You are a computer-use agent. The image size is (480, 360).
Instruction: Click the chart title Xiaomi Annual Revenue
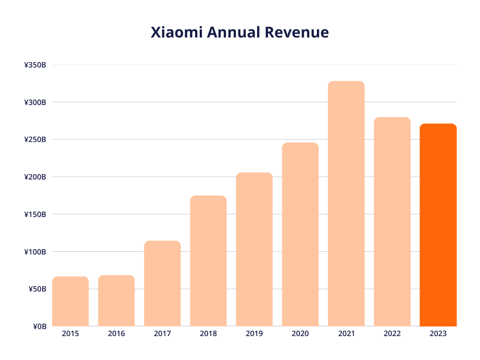240,32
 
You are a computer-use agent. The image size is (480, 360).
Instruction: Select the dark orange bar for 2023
438,225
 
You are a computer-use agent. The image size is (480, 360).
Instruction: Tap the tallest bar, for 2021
346,204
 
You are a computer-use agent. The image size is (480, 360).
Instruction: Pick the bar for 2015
70,301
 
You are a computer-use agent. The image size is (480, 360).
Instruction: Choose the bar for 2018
208,261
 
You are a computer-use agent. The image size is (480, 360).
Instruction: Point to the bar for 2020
300,234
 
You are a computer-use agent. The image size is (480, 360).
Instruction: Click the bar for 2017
162,283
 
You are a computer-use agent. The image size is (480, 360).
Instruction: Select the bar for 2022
392,222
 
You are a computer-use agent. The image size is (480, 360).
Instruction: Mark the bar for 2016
116,301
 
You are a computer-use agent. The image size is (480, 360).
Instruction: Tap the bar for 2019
254,249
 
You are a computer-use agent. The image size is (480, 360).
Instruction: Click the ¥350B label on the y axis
35,65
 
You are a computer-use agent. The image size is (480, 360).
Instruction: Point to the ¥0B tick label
39,326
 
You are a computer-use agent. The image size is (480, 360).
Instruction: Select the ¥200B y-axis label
35,177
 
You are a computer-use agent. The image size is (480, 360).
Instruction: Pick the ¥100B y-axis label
35,252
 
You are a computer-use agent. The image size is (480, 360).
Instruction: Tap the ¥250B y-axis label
35,140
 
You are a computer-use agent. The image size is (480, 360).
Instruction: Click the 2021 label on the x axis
346,334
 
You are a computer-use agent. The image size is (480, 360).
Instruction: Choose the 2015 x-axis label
70,334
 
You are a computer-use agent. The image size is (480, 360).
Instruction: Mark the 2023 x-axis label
438,334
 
